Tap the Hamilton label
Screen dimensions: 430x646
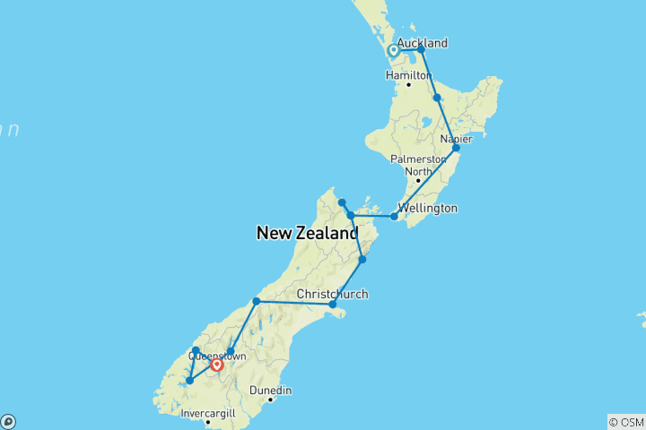click(x=409, y=75)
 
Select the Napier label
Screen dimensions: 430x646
click(x=458, y=139)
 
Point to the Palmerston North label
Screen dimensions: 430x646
click(x=417, y=165)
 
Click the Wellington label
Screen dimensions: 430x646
click(x=429, y=208)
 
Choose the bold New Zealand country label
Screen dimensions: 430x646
click(x=307, y=234)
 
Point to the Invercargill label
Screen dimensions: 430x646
click(x=206, y=413)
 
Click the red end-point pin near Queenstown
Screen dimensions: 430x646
click(x=216, y=364)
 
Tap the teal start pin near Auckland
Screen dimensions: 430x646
click(x=393, y=51)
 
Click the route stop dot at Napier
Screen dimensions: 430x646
click(x=456, y=148)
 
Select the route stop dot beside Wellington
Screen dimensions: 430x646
click(x=394, y=216)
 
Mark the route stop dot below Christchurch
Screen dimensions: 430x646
click(x=332, y=305)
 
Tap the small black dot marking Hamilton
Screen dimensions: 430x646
click(x=408, y=85)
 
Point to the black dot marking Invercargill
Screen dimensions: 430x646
click(x=207, y=422)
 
